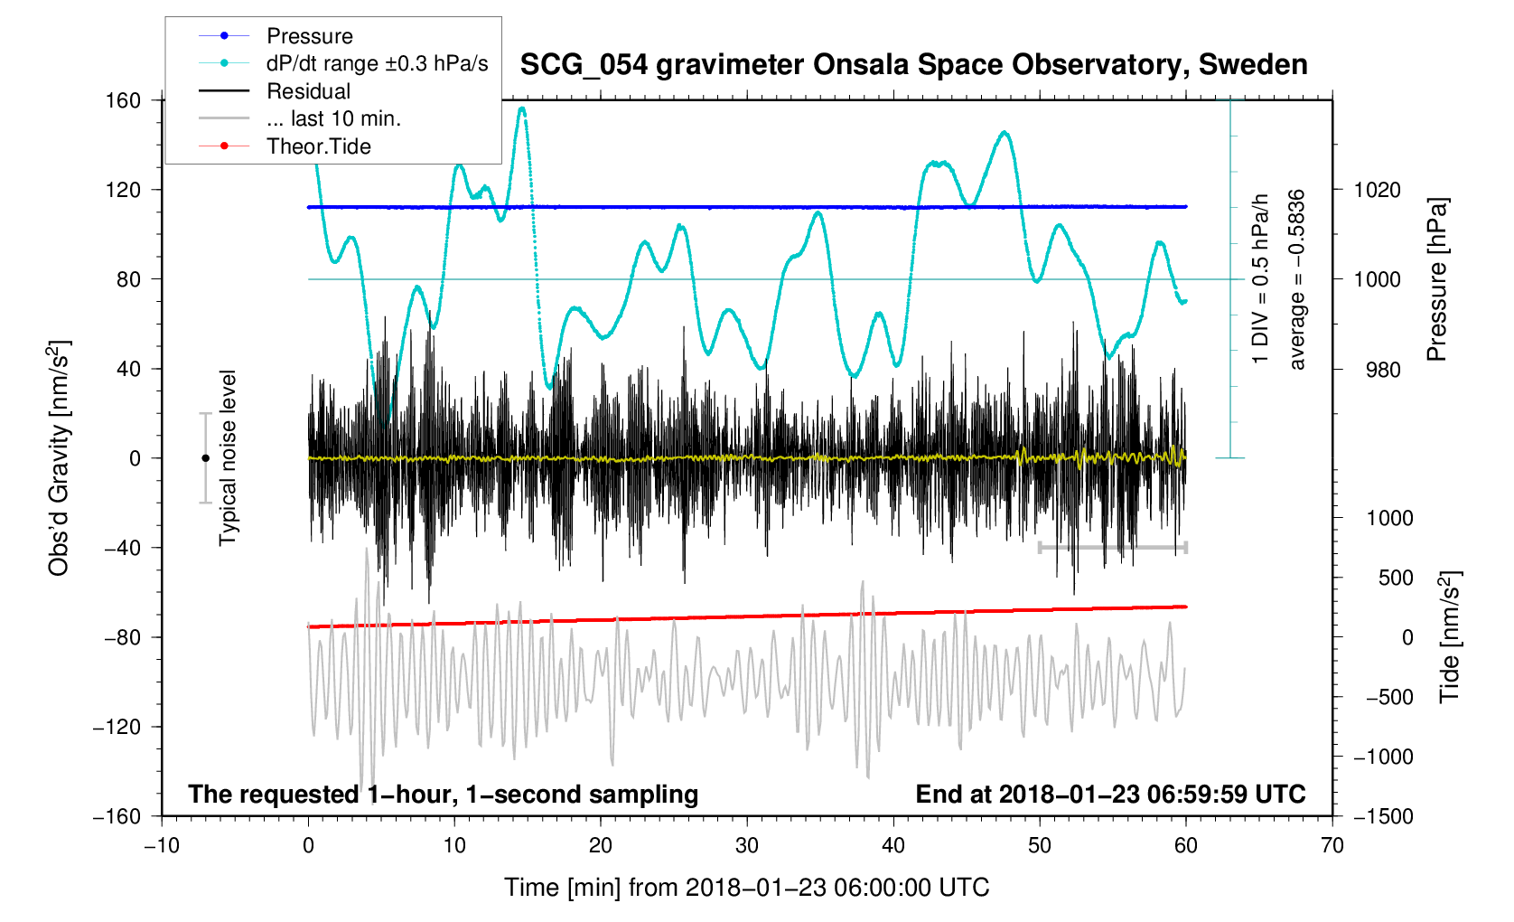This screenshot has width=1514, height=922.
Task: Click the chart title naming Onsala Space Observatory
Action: point(913,65)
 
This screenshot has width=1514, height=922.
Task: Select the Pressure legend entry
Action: point(309,36)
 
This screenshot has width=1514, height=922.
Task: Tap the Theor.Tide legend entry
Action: point(318,146)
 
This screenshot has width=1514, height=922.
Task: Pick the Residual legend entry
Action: point(308,91)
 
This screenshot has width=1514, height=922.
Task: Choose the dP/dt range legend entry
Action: point(377,63)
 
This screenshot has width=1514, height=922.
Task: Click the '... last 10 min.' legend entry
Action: point(333,118)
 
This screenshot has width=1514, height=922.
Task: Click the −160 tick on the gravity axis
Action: point(118,816)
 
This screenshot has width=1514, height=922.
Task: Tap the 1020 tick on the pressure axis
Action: point(1377,190)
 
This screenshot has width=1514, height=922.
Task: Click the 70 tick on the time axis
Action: point(1332,846)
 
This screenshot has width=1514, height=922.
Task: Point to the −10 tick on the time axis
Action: point(162,846)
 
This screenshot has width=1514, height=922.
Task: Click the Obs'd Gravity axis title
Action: point(59,458)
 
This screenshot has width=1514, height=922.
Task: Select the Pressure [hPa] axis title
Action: point(1436,279)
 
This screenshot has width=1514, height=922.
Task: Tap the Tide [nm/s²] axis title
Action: point(1449,637)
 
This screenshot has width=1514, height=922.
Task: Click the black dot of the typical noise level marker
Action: point(205,458)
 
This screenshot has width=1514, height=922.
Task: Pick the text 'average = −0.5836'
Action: point(1297,279)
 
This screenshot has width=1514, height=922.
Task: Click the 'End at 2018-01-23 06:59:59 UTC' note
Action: point(1110,795)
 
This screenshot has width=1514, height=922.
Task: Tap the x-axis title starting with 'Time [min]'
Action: point(746,888)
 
